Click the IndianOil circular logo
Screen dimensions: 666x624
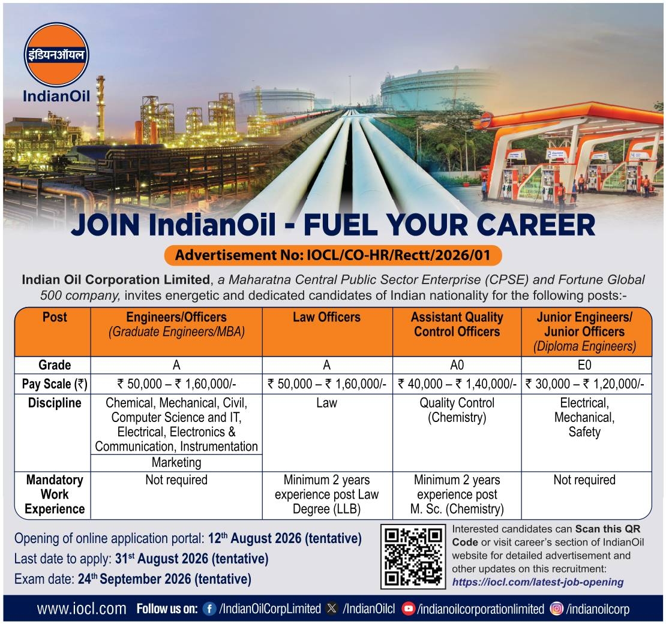pos(56,55)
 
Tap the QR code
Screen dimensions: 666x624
pos(413,556)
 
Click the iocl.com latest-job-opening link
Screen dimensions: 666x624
pos(538,582)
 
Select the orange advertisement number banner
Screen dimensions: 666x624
pos(333,255)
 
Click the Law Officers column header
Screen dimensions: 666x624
pos(326,317)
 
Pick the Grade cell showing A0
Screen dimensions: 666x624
pos(457,365)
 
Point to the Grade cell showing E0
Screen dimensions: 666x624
pos(584,365)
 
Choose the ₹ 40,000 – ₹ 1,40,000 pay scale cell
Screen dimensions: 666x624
pos(457,384)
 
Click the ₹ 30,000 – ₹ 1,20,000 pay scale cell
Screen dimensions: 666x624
pos(585,384)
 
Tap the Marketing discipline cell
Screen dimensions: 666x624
pos(176,462)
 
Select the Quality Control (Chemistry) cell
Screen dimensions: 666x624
pos(457,410)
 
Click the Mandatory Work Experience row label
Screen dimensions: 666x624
pos(55,494)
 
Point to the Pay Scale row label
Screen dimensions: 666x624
pos(55,384)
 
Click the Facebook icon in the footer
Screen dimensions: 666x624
pos(209,609)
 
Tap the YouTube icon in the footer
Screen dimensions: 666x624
pos(408,609)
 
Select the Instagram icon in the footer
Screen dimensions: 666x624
pos(556,609)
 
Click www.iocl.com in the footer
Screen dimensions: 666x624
pos(82,609)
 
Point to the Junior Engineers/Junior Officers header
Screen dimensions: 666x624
pos(584,324)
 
